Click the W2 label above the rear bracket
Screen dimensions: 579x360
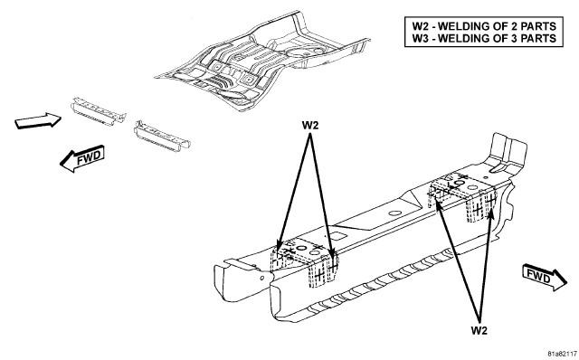309,125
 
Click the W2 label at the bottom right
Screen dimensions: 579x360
479,330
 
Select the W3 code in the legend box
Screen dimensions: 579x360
420,38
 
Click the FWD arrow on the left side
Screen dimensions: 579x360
82,158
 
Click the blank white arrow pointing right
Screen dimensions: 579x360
38,120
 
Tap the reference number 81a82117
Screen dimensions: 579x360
563,354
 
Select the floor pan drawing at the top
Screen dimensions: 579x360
263,62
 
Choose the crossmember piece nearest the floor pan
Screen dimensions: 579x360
163,136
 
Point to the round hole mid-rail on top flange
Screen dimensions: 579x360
395,213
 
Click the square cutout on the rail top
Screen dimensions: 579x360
337,235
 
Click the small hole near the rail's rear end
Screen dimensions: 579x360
261,278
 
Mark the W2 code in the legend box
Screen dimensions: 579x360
420,26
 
